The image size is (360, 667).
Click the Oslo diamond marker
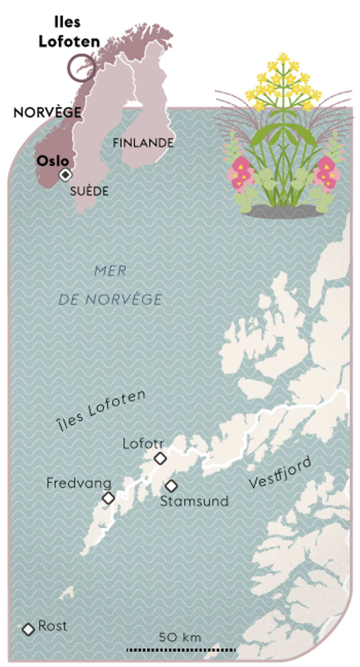(65, 174)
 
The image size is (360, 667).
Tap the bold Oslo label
(53, 161)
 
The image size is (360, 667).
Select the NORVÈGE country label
(47, 113)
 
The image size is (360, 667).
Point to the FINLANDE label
(143, 143)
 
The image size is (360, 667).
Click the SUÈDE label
(89, 191)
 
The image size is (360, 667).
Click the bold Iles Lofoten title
(69, 32)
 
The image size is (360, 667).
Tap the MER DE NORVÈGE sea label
(110, 285)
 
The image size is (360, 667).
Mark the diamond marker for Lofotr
(160, 458)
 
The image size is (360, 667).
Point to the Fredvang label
(79, 483)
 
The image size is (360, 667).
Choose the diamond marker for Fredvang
(109, 498)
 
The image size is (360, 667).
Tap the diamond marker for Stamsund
(171, 485)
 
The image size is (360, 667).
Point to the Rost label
(53, 626)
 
